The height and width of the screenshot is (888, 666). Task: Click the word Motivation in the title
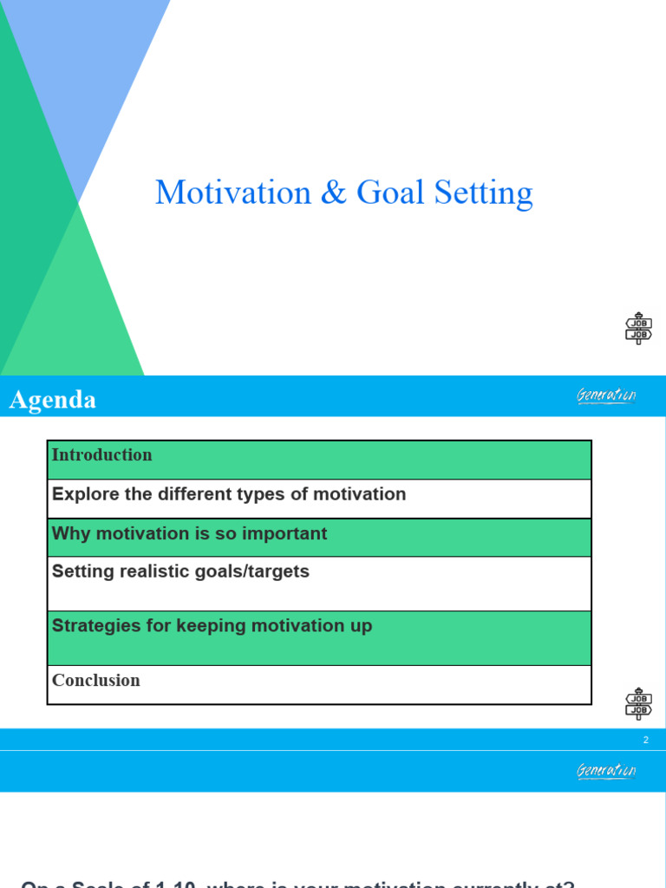tap(232, 193)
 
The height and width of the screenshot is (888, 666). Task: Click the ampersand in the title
tap(333, 193)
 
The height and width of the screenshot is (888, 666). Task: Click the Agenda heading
tap(53, 400)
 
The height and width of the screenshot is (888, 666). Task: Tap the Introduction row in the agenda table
tap(102, 455)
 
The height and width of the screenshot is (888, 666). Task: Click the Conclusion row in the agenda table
tap(96, 681)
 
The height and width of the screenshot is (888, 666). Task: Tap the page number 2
tap(645, 740)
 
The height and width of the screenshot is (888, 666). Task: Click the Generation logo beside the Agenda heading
tap(606, 396)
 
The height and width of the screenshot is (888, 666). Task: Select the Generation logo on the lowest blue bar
tap(606, 771)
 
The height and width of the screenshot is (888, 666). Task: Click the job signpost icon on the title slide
tap(638, 329)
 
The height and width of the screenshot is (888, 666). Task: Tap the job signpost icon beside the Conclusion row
tap(638, 703)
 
